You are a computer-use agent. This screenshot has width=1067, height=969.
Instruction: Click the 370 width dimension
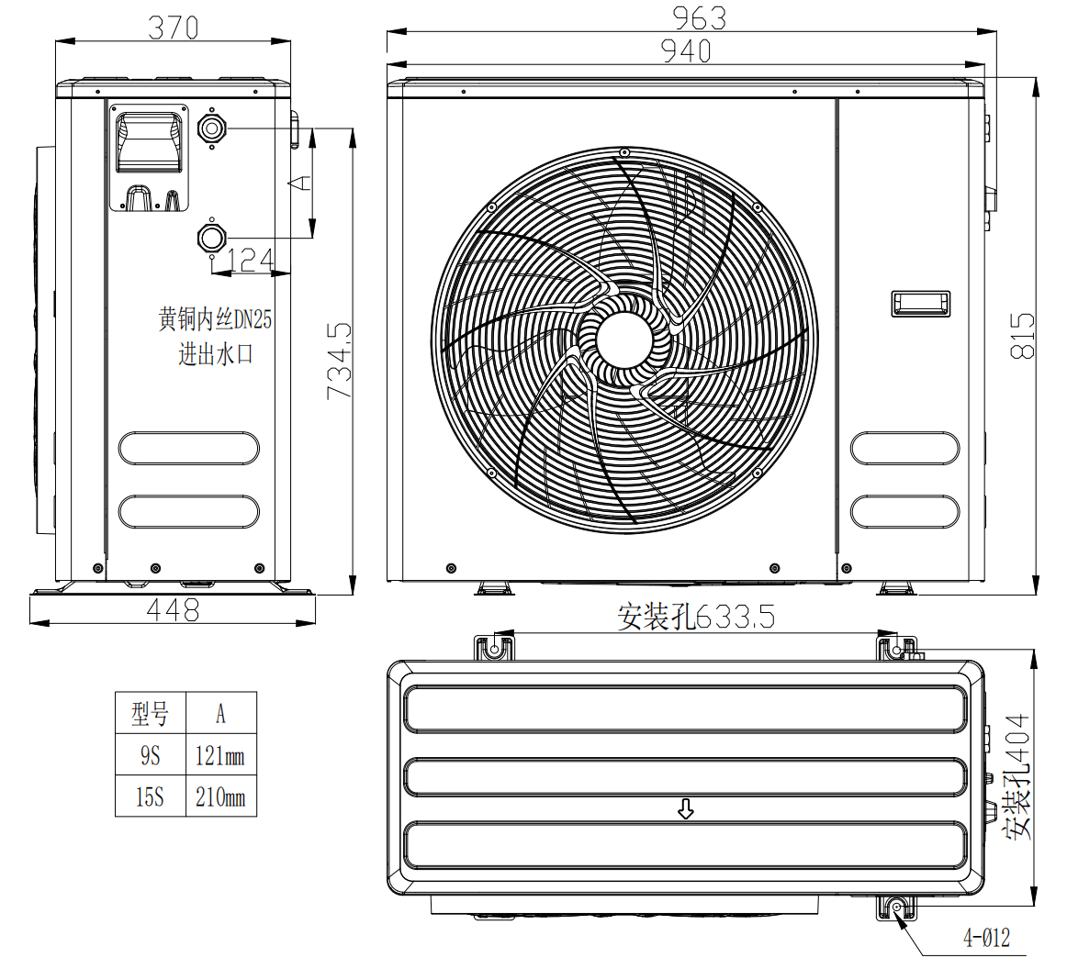pyautogui.click(x=173, y=28)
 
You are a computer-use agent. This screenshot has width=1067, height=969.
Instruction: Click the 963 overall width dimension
pyautogui.click(x=699, y=17)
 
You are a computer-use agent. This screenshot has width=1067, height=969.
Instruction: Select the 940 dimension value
pyautogui.click(x=686, y=51)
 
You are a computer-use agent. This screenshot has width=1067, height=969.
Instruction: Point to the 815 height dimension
pyautogui.click(x=1023, y=336)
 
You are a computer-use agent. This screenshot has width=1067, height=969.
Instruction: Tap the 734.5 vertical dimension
pyautogui.click(x=340, y=360)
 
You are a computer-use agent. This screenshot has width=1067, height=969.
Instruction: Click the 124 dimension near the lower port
pyautogui.click(x=250, y=261)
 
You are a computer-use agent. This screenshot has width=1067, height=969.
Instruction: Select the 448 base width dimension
pyautogui.click(x=173, y=610)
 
